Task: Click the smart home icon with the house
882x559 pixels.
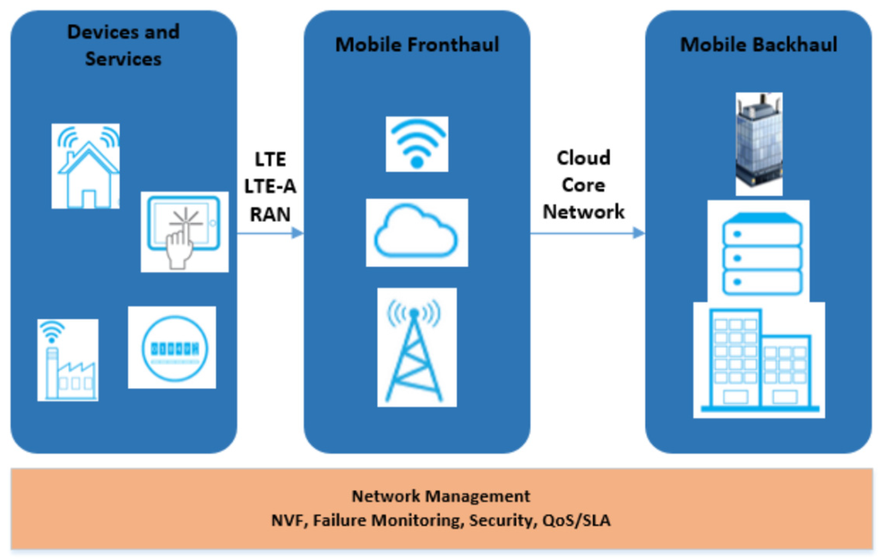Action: click(x=86, y=166)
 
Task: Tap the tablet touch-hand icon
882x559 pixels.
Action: click(x=184, y=232)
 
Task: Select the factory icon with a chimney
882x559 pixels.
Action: click(x=68, y=360)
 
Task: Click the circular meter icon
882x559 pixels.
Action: click(x=172, y=347)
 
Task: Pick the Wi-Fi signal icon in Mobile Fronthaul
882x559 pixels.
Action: click(x=417, y=144)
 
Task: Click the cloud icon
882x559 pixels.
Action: click(x=417, y=232)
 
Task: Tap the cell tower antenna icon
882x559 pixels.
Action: click(x=417, y=347)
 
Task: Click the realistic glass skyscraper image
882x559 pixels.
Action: click(x=759, y=144)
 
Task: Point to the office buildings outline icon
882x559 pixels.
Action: click(x=759, y=360)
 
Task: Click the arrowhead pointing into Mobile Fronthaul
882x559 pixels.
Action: click(x=297, y=233)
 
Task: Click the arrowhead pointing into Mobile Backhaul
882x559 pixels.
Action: click(x=639, y=233)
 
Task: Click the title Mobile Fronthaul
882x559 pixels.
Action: click(x=417, y=45)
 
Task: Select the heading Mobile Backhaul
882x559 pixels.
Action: click(x=759, y=45)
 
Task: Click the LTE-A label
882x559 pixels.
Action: click(x=270, y=187)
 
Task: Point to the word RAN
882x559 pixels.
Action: click(x=270, y=214)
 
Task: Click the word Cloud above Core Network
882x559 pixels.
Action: click(x=583, y=158)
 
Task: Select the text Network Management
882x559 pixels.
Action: click(x=441, y=496)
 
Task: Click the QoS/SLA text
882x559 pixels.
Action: click(x=576, y=520)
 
